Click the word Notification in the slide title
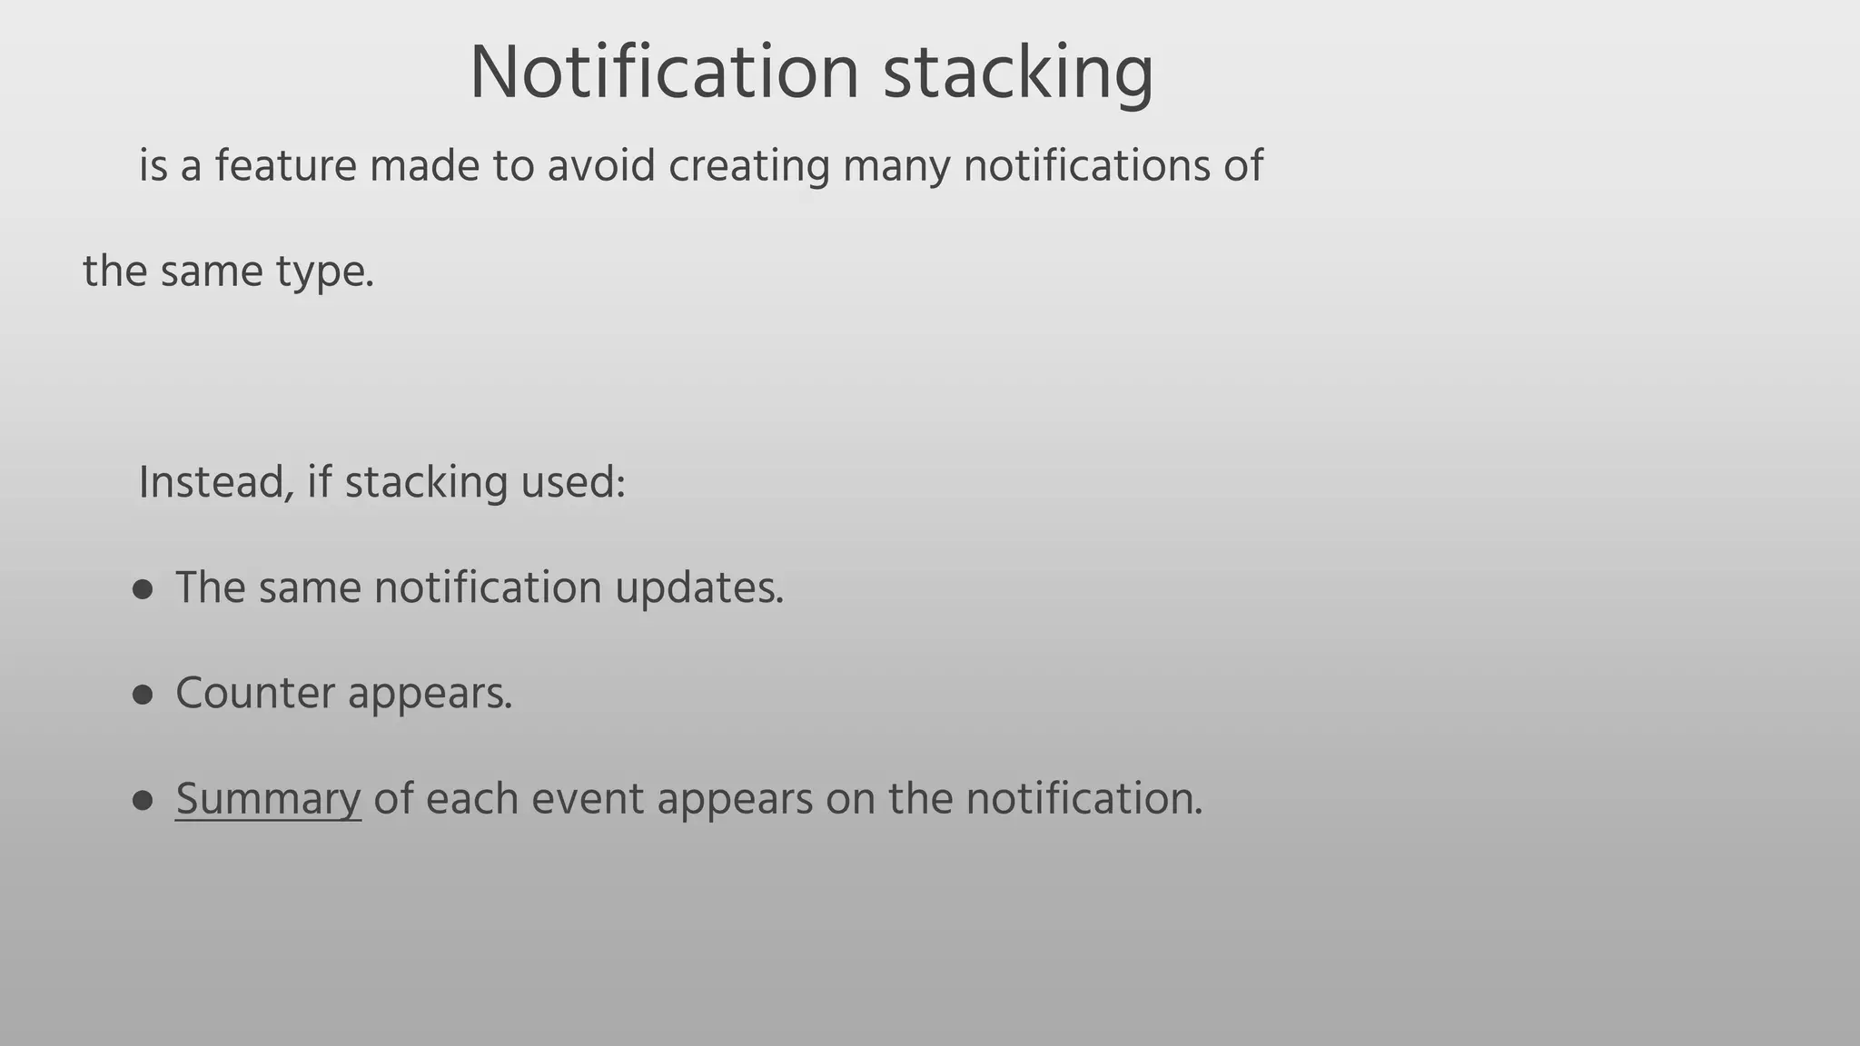coord(664,73)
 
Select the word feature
coord(286,166)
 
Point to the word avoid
coord(600,166)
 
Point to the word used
coord(573,482)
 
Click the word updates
coord(699,588)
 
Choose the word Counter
coord(255,694)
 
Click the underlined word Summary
coord(268,800)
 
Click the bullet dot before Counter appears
coord(143,696)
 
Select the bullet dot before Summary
coord(143,801)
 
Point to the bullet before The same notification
coord(143,590)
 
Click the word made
coord(424,166)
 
